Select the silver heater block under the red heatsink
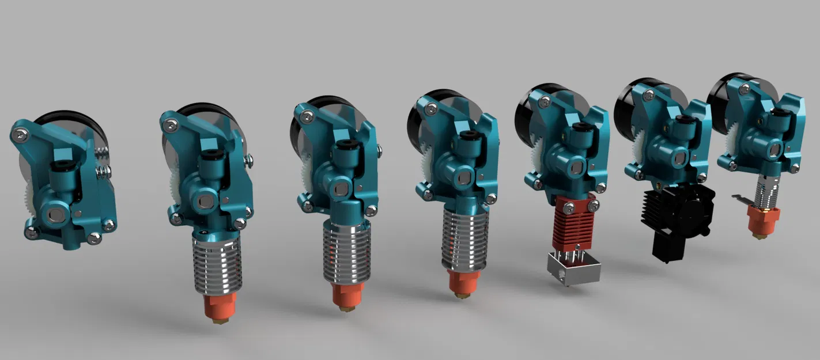click(573, 268)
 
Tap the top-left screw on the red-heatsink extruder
click(543, 101)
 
